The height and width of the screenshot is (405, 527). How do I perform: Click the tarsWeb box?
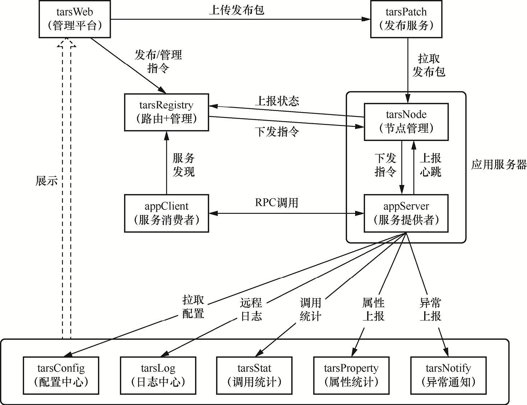tap(74, 19)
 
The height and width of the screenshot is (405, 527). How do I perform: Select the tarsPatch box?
tap(406, 19)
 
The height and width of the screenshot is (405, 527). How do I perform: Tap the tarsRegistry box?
tap(166, 112)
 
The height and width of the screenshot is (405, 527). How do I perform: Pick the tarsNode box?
tap(406, 121)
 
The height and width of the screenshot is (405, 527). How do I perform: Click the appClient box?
tap(166, 213)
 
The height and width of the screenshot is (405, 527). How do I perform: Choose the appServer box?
tap(406, 213)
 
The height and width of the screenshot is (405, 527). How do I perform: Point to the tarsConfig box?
tap(61, 375)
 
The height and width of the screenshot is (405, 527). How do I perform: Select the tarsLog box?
tap(158, 375)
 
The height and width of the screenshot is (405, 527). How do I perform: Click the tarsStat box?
tap(255, 375)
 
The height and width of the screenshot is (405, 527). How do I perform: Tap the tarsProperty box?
tap(351, 375)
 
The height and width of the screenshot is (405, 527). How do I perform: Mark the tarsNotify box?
tap(448, 375)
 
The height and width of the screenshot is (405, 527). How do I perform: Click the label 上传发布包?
tap(237, 10)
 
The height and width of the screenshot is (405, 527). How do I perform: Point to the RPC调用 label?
tap(276, 203)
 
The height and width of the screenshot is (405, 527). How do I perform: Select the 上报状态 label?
tap(277, 101)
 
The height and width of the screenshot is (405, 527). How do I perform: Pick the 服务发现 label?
tap(183, 165)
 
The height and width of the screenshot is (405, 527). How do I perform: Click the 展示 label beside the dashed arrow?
tap(46, 180)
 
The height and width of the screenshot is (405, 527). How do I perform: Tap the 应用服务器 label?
tap(499, 164)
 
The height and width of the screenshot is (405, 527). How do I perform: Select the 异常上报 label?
tap(430, 309)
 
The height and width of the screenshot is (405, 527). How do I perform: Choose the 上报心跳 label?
tap(430, 165)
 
